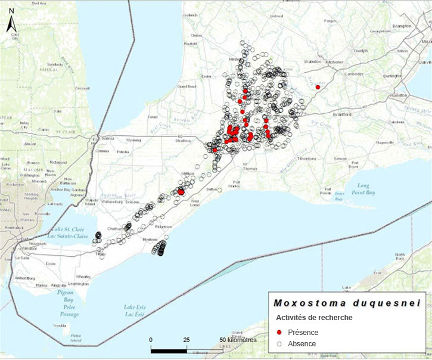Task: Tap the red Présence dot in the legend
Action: click(x=279, y=332)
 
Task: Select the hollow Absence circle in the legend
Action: click(x=279, y=344)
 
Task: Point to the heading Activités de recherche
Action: click(x=313, y=318)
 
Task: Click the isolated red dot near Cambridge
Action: click(x=318, y=87)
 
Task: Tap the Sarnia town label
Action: click(x=108, y=138)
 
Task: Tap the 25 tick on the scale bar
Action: click(x=187, y=340)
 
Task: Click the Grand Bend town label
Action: click(x=187, y=86)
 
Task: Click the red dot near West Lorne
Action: click(x=181, y=192)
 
